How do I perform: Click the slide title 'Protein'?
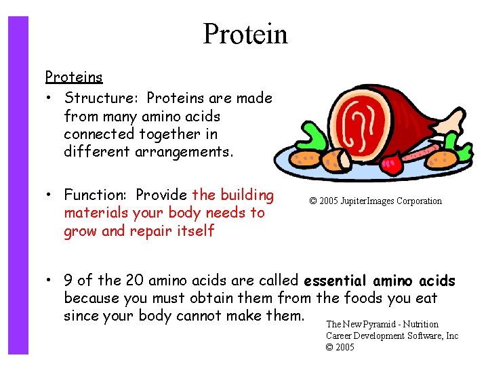pyautogui.click(x=245, y=34)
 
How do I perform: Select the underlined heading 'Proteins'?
pyautogui.click(x=74, y=77)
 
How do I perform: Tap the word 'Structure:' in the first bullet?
pyautogui.click(x=102, y=98)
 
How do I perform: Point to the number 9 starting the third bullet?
pyautogui.click(x=68, y=281)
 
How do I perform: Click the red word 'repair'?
pyautogui.click(x=150, y=231)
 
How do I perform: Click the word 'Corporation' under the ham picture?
pyautogui.click(x=418, y=201)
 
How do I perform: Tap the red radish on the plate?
pyautogui.click(x=391, y=163)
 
